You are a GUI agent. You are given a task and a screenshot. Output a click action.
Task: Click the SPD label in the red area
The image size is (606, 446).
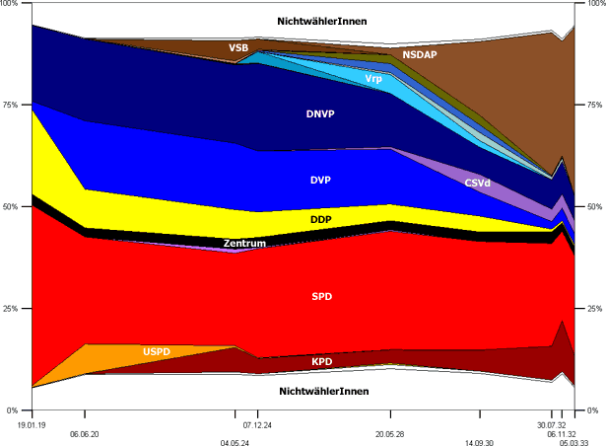(x=322, y=296)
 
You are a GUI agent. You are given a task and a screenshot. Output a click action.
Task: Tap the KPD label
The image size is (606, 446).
(x=322, y=362)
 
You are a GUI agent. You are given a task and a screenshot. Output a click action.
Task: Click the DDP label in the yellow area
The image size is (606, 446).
(x=320, y=219)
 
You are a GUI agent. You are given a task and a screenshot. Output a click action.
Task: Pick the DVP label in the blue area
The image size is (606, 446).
(x=322, y=181)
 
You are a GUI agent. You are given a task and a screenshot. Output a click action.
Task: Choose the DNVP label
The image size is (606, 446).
(x=320, y=114)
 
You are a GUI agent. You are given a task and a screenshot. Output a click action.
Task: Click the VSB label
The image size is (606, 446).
(x=238, y=47)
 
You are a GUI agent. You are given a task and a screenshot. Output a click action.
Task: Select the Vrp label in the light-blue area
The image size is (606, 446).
(x=374, y=79)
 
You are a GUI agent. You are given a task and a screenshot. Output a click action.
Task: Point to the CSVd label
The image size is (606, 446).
(x=479, y=183)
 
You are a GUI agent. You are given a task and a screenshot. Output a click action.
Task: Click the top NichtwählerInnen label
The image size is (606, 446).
(x=324, y=22)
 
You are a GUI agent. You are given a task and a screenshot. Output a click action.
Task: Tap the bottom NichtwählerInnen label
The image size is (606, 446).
(x=324, y=392)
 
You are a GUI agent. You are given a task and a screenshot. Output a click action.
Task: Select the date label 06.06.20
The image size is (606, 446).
(x=85, y=433)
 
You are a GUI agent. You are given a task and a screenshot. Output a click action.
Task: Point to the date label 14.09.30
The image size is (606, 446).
(x=479, y=443)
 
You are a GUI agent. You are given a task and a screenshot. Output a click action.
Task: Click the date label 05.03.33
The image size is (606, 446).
(x=574, y=443)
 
